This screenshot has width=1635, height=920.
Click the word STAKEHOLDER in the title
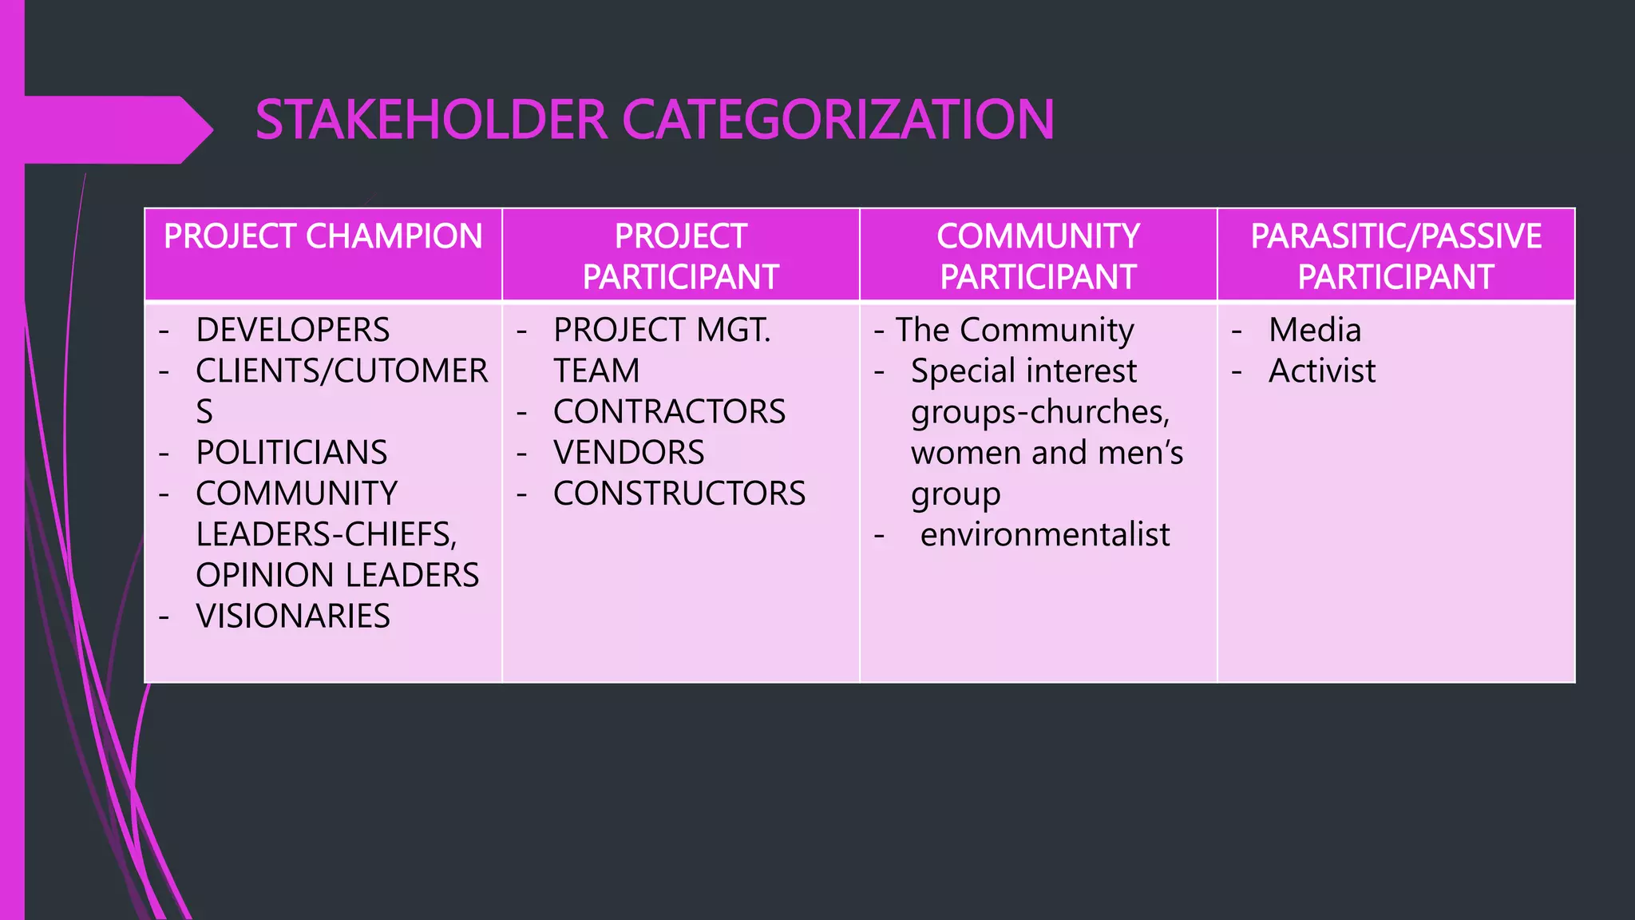coord(431,120)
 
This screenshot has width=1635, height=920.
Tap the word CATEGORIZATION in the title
coord(837,120)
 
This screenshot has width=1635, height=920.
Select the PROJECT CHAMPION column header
coord(323,236)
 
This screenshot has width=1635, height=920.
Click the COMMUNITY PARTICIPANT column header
coord(1038,256)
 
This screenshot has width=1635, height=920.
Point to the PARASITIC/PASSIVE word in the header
coord(1395,236)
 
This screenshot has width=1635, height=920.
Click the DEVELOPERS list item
coord(292,330)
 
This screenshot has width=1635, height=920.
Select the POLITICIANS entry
coord(291,453)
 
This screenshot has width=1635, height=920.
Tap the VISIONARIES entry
coord(292,617)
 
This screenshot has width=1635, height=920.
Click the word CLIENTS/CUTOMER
coord(342,371)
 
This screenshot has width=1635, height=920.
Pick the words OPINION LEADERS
coord(337,575)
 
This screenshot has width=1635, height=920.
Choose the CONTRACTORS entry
coord(669,412)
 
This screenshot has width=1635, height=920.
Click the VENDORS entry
coord(628,453)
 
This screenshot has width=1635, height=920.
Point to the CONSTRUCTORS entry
coord(679,494)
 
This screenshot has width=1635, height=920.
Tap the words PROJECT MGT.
coord(662,330)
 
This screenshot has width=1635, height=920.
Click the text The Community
coord(1014,330)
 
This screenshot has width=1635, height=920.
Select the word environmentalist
coord(1044,534)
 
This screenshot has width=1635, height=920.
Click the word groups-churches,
coord(1039,412)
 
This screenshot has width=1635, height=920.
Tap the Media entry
coord(1314,330)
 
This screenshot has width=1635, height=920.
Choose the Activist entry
coord(1321,371)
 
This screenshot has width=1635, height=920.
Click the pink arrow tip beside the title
coord(200,129)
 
